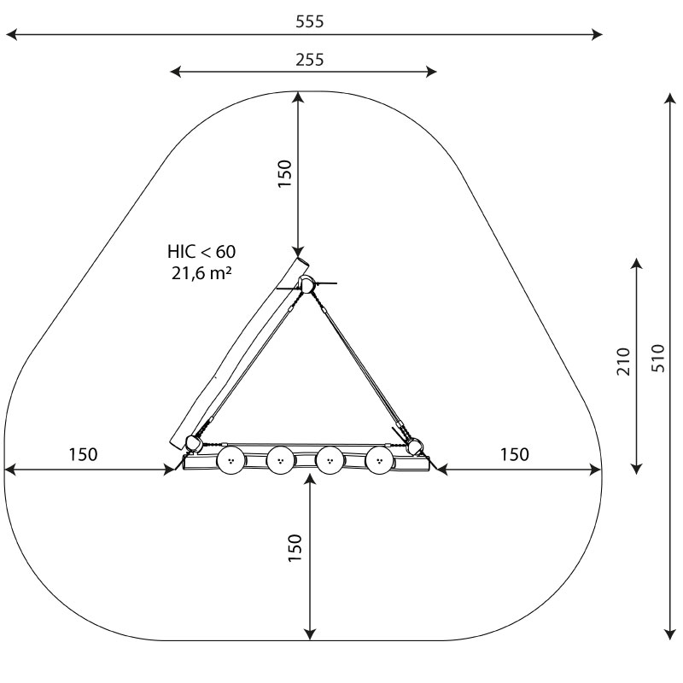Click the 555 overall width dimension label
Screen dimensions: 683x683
tap(310, 21)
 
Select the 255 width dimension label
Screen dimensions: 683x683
tap(310, 60)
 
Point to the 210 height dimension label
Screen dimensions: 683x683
tap(624, 361)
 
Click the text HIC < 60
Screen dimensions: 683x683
tap(201, 252)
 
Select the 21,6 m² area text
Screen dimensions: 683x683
tap(201, 273)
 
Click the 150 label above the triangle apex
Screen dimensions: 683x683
tap(285, 174)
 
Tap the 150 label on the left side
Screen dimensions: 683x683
tap(83, 454)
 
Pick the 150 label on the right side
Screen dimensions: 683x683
tap(515, 454)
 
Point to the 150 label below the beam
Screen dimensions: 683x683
tap(295, 547)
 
